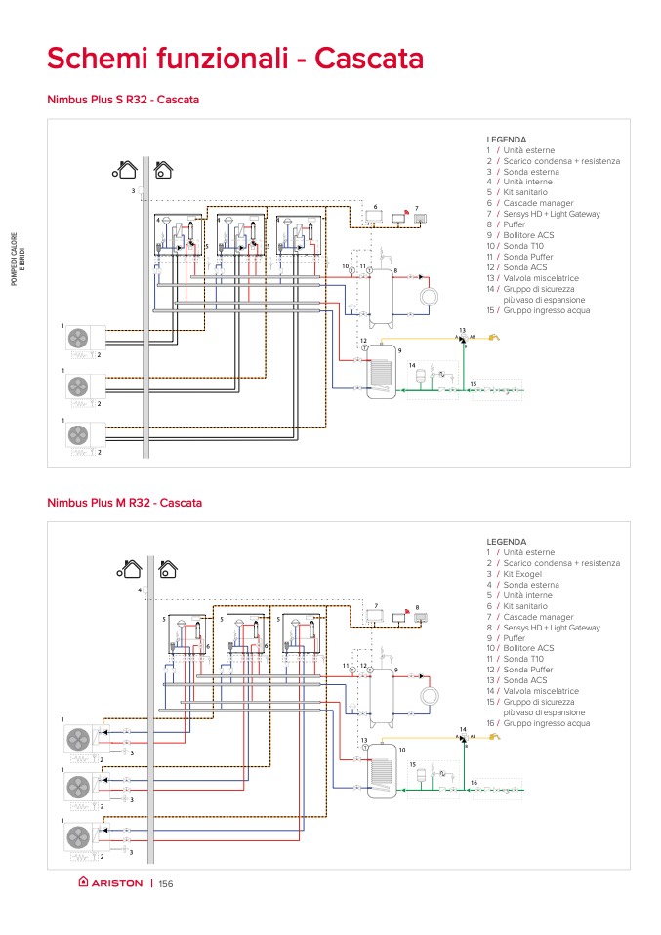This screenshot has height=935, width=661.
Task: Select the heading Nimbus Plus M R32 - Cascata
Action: [124, 503]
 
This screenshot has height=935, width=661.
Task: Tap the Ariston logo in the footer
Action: [110, 883]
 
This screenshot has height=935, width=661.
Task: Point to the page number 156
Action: [165, 884]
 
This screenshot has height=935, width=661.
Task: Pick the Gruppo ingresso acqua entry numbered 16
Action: [547, 723]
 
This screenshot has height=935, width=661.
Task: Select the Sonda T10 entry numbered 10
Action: [526, 246]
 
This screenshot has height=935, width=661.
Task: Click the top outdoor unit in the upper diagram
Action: [78, 339]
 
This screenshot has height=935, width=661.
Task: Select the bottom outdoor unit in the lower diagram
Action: [78, 836]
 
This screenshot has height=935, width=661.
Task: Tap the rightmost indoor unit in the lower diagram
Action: [301, 638]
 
